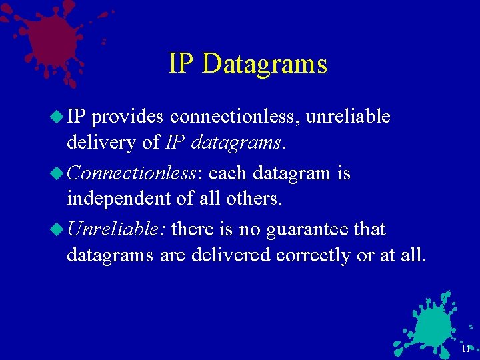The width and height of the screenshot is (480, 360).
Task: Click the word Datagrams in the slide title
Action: click(265, 65)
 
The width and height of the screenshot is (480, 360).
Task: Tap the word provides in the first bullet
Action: click(127, 117)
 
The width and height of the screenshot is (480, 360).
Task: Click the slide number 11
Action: click(465, 349)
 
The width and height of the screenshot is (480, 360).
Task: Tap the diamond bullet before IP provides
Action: click(57, 117)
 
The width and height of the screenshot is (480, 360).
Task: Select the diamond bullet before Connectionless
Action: click(57, 173)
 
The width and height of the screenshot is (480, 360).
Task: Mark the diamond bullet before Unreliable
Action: click(57, 229)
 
